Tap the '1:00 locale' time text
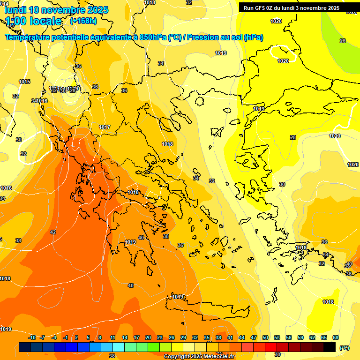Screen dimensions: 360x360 tap(33, 21)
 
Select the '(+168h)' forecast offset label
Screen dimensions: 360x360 tap(83, 21)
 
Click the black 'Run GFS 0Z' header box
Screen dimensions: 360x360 tap(292, 8)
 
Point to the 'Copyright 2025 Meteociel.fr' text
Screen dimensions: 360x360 tap(199, 356)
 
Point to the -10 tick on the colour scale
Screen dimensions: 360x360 tap(32, 337)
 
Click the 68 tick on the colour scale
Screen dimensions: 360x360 tap(336, 337)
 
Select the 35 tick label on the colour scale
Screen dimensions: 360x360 tap(207, 337)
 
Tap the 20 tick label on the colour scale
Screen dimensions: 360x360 tap(148, 337)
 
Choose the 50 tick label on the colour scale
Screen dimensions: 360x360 tap(265, 337)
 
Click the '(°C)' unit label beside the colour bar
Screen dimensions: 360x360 tap(345, 348)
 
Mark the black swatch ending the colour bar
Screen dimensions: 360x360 tap(330, 347)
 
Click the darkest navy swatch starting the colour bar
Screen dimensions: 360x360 tap(25, 347)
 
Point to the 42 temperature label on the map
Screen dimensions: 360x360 tap(53, 232)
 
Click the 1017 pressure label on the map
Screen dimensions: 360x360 tap(105, 127)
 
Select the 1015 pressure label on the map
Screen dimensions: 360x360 tap(24, 82)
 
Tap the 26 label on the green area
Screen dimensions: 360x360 tap(343, 41)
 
